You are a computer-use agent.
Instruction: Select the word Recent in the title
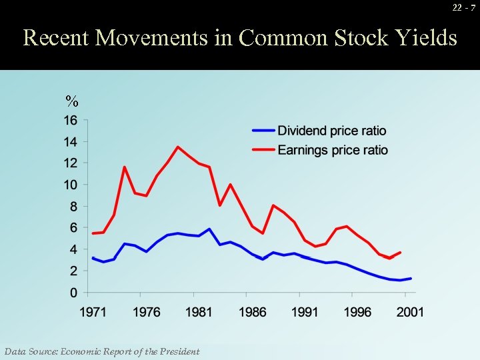[56, 38]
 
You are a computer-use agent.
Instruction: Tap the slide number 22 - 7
[463, 7]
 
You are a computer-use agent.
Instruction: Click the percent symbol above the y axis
[71, 102]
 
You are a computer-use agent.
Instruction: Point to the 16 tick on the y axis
[71, 121]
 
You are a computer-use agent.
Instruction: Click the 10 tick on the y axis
[71, 185]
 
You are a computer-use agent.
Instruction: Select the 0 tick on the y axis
[74, 293]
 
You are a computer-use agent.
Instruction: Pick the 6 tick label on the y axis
[74, 228]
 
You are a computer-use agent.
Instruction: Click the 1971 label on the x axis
[93, 312]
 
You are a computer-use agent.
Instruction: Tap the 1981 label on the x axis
[199, 312]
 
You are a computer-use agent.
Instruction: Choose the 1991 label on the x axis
[305, 312]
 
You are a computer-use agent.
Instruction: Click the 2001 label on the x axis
[410, 312]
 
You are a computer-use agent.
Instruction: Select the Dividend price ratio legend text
[331, 131]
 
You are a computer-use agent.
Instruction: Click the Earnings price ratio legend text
[332, 150]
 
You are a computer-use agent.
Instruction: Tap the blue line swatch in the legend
[263, 131]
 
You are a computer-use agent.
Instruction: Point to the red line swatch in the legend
[263, 150]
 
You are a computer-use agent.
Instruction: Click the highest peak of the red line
[178, 147]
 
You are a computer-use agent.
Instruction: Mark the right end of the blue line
[411, 279]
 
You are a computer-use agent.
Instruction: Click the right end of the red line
[400, 253]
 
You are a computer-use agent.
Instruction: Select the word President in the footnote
[177, 351]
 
